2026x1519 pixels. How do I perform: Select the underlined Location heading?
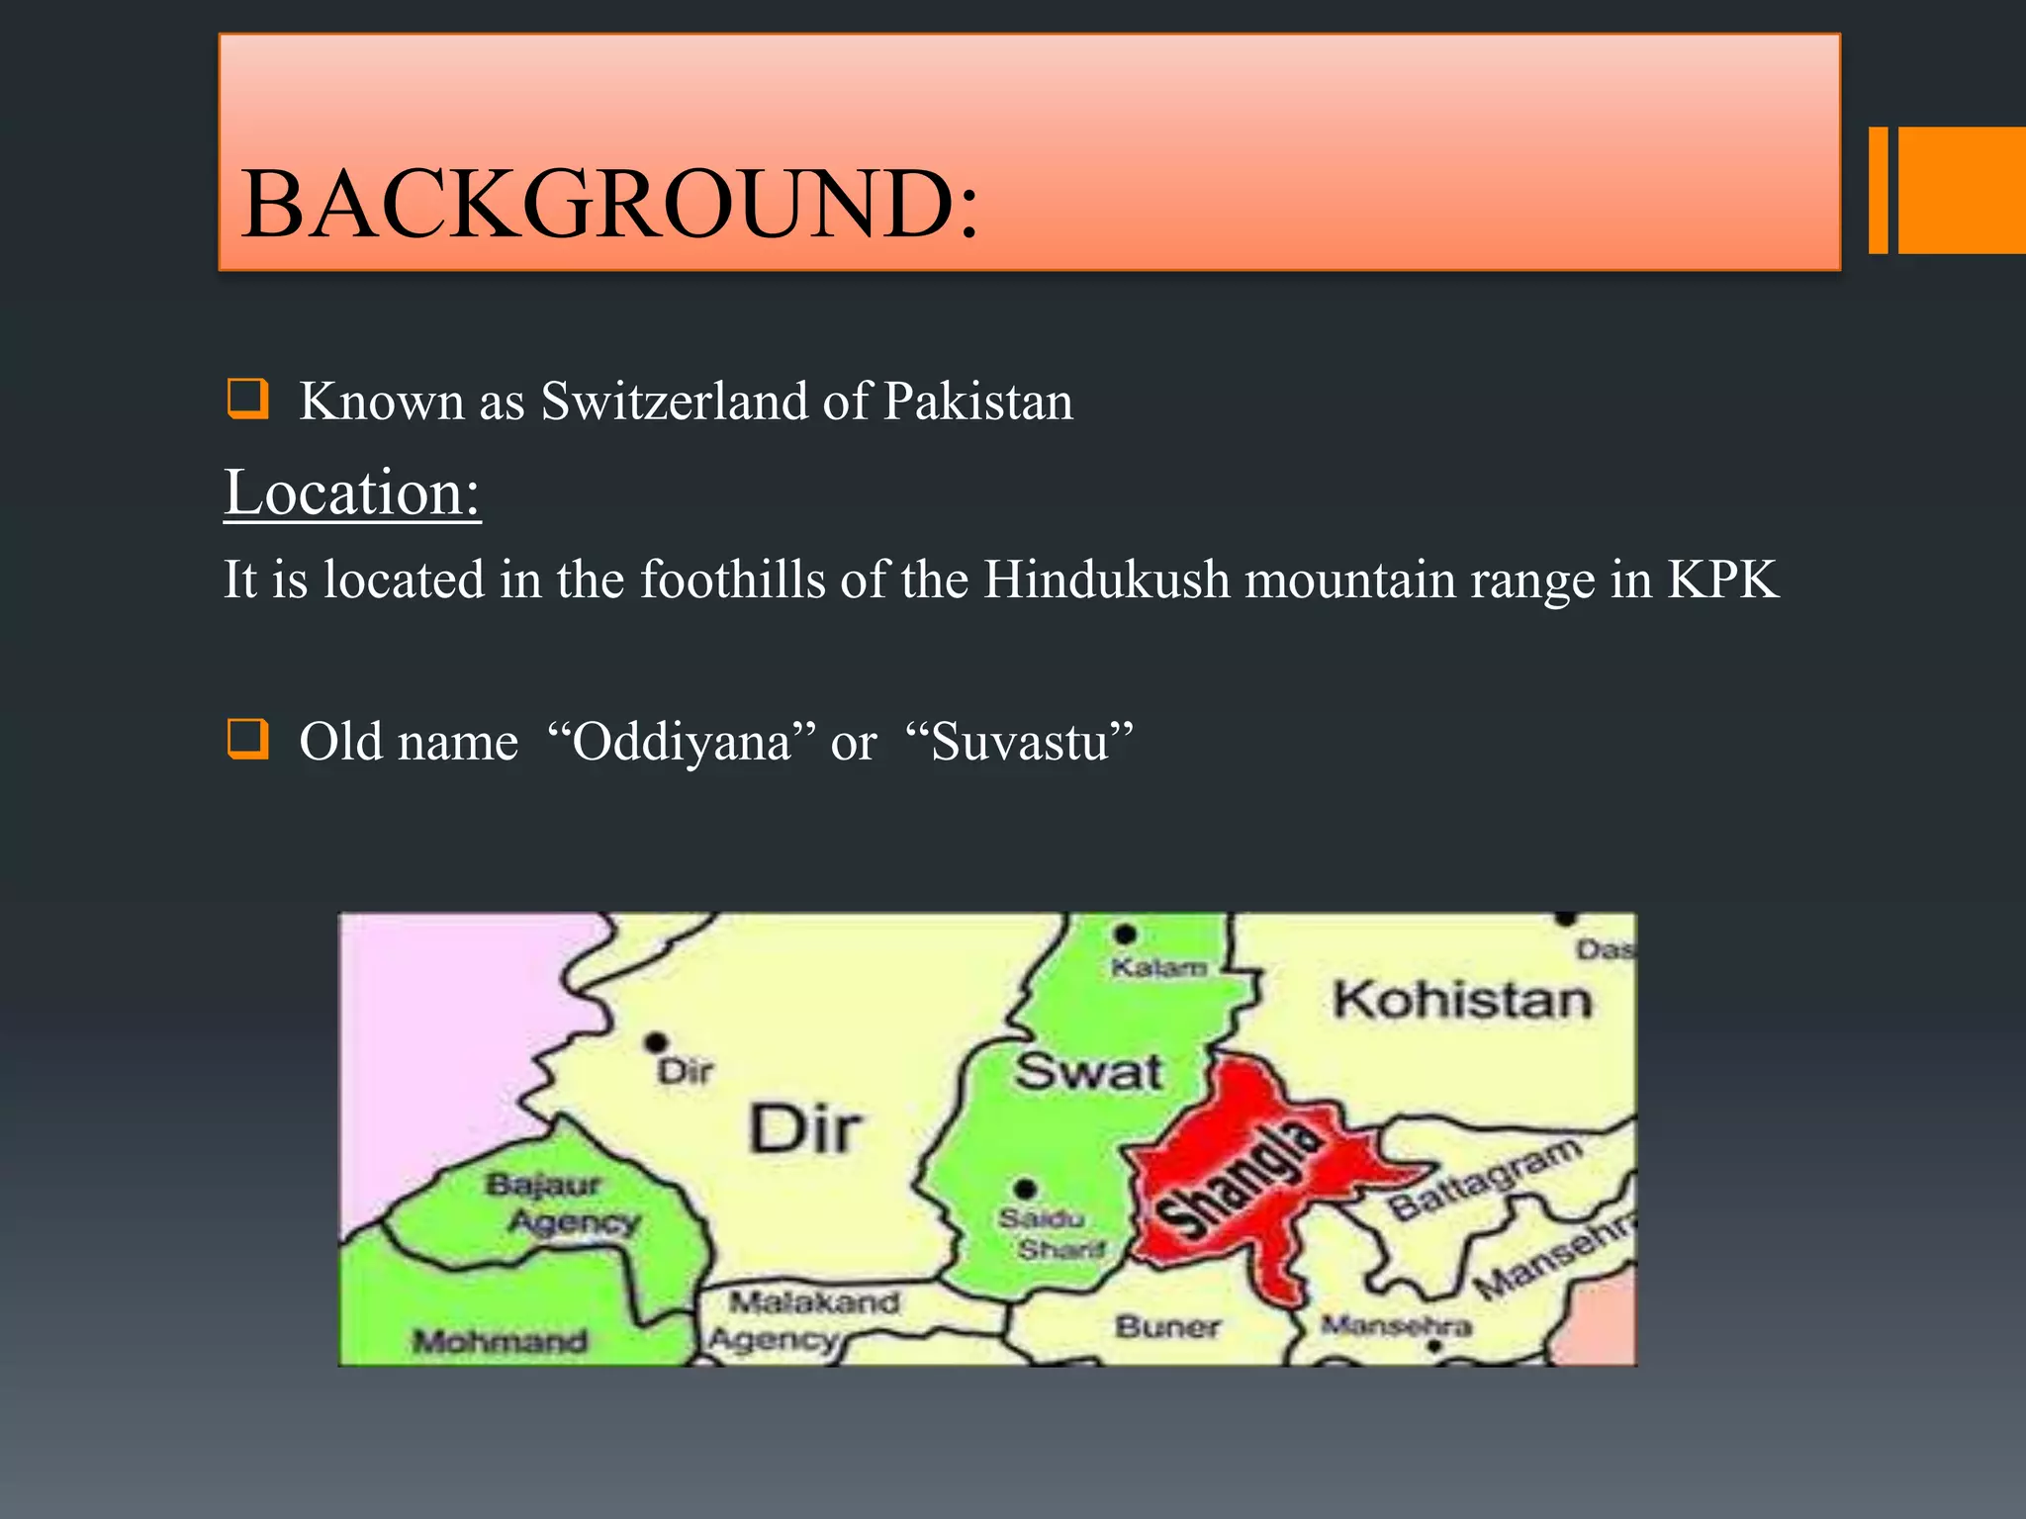point(352,492)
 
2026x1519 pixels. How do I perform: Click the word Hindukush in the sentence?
point(1106,580)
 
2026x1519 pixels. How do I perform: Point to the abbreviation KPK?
point(1722,580)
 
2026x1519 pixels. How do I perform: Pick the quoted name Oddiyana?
point(682,742)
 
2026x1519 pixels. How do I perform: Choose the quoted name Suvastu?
point(1019,742)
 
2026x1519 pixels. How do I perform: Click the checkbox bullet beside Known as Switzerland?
point(246,399)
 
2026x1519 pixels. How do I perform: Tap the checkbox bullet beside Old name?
point(246,739)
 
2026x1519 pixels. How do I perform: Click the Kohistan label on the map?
point(1462,1000)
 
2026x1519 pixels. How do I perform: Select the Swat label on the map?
point(1088,1072)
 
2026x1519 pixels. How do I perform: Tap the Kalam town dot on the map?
point(1125,934)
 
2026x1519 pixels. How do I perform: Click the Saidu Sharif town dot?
point(1026,1188)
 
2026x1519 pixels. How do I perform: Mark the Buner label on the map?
point(1167,1326)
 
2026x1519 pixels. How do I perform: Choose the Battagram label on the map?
point(1484,1178)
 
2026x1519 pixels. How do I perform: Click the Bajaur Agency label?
point(560,1204)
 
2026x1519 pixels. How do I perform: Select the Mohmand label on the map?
point(500,1341)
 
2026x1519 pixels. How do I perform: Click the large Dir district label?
point(805,1129)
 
